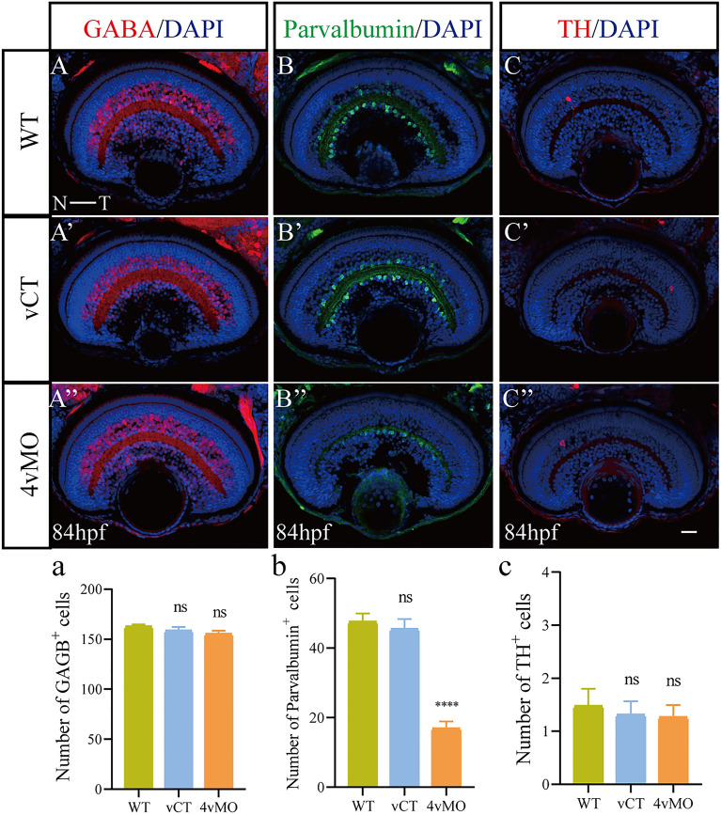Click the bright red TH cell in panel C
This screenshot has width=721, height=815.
point(569,98)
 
